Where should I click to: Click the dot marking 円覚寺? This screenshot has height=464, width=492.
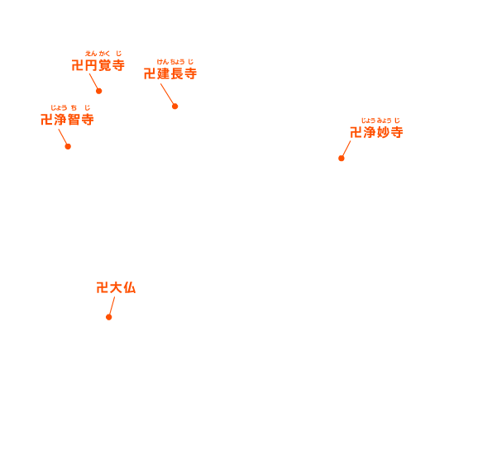(99, 91)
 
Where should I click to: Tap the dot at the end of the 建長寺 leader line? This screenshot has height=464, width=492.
(175, 107)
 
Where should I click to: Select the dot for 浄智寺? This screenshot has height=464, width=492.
(68, 146)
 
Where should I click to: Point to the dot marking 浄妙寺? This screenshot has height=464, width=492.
(342, 159)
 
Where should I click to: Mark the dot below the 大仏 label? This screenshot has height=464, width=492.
(109, 317)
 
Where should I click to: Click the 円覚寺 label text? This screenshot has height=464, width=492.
(105, 65)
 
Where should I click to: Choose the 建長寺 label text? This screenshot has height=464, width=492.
(177, 74)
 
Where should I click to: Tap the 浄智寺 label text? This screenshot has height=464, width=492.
(74, 120)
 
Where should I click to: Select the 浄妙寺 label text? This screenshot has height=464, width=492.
(384, 132)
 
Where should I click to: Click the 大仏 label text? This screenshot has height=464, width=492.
(123, 287)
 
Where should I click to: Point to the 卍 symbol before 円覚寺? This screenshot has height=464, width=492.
(78, 65)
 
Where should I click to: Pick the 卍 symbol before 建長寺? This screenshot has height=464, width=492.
(150, 74)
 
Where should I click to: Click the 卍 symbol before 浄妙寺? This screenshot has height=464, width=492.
(356, 132)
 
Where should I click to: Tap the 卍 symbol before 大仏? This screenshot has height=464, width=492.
(103, 287)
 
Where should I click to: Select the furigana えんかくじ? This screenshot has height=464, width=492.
(103, 54)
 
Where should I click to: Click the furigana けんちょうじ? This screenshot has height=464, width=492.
(175, 62)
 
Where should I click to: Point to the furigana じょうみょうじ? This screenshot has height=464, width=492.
(380, 121)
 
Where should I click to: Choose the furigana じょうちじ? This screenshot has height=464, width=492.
(70, 108)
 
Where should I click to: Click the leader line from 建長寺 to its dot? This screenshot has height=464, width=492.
(167, 93)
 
